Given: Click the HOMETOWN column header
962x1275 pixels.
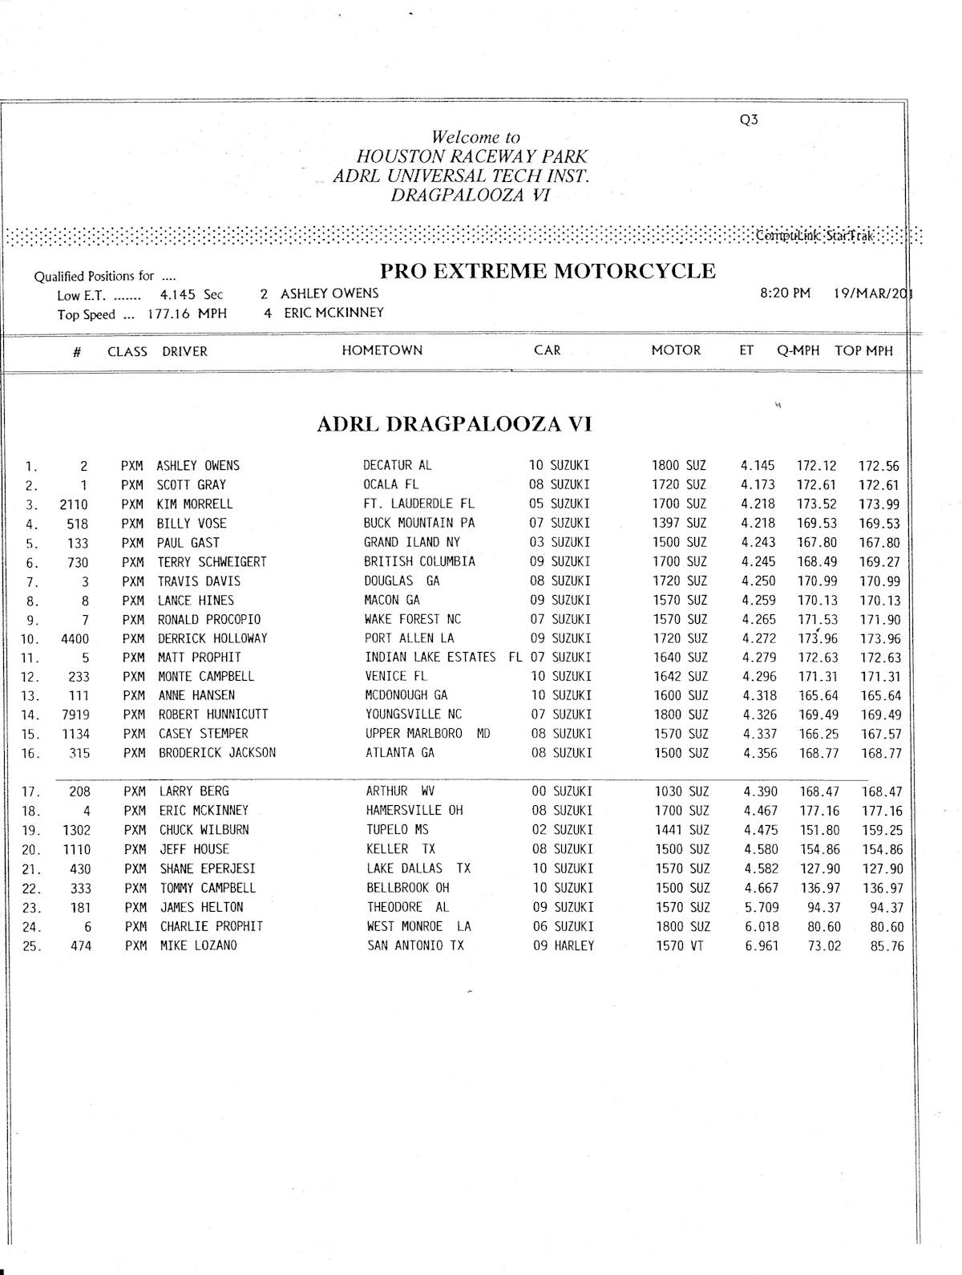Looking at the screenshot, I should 382,350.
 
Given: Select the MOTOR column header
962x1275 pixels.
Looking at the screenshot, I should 676,350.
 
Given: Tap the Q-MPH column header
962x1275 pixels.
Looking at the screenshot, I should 798,350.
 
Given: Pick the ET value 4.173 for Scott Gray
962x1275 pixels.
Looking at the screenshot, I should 758,485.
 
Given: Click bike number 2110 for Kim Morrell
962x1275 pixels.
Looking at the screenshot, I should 74,504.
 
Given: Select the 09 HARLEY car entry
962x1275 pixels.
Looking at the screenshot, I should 564,946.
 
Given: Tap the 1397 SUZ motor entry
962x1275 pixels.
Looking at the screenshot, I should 681,524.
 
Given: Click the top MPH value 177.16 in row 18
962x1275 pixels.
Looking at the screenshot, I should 882,811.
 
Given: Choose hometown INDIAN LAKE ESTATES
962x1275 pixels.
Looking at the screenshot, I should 430,658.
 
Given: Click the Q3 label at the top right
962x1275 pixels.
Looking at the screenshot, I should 749,120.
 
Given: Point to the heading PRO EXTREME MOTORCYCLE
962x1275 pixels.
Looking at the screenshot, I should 542,271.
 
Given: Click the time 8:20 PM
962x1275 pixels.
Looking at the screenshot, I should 785,293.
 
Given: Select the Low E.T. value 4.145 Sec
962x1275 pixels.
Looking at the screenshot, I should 192,295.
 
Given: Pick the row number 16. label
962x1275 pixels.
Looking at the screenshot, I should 31,754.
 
